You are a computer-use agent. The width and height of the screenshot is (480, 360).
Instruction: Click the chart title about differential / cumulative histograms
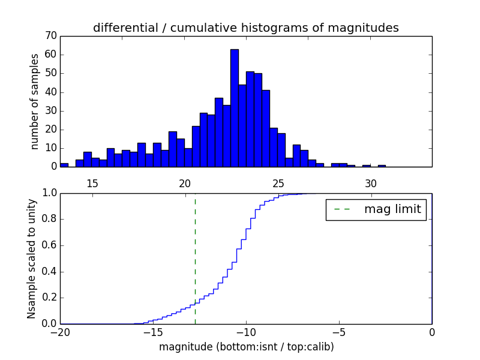click(x=246, y=28)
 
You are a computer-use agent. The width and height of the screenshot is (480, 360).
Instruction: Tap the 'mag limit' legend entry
click(x=376, y=209)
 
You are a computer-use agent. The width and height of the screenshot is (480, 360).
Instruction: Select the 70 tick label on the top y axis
click(x=50, y=36)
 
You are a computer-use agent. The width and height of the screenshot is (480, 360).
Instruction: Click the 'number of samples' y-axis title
click(x=35, y=101)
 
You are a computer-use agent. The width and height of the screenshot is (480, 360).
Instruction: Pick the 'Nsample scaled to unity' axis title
click(x=31, y=258)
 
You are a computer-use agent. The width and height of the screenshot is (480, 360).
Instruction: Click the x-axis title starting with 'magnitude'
click(x=246, y=347)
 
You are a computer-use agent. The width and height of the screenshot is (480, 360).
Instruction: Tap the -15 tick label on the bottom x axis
click(x=152, y=332)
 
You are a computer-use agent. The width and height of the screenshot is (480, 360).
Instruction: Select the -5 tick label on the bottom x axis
click(x=338, y=332)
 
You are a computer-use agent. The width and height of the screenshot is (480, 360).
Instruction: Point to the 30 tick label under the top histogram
click(x=371, y=183)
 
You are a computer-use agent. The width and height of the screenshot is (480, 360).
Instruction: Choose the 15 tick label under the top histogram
click(x=92, y=183)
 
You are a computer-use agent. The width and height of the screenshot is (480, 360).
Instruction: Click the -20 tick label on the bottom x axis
click(x=60, y=332)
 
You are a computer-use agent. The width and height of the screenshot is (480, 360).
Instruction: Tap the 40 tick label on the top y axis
click(x=50, y=92)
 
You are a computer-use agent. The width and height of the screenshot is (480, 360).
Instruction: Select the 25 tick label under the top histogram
click(x=278, y=183)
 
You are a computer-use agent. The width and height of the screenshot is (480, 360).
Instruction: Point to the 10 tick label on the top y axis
click(x=50, y=148)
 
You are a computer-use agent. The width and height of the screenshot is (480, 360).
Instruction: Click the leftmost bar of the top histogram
click(x=64, y=165)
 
